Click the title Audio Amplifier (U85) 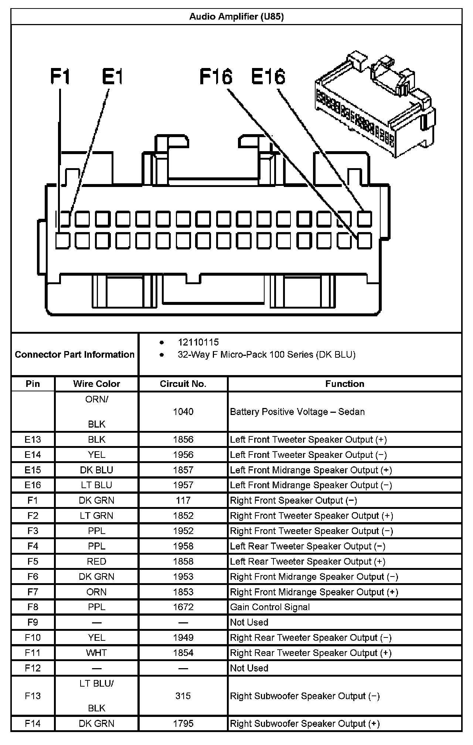[236, 17]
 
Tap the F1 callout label [60, 77]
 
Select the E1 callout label [112, 77]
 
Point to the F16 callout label [216, 77]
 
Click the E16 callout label [268, 77]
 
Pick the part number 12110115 [198, 342]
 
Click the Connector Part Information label [75, 354]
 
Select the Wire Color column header [96, 384]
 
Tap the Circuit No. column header [183, 384]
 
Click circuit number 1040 [183, 412]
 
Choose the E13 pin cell [33, 439]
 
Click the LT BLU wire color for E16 [96, 485]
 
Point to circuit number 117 [183, 500]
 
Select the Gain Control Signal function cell [270, 607]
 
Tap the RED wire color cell [96, 561]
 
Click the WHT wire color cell [96, 653]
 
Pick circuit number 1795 [183, 724]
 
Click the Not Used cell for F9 [249, 622]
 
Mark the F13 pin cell [33, 696]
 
